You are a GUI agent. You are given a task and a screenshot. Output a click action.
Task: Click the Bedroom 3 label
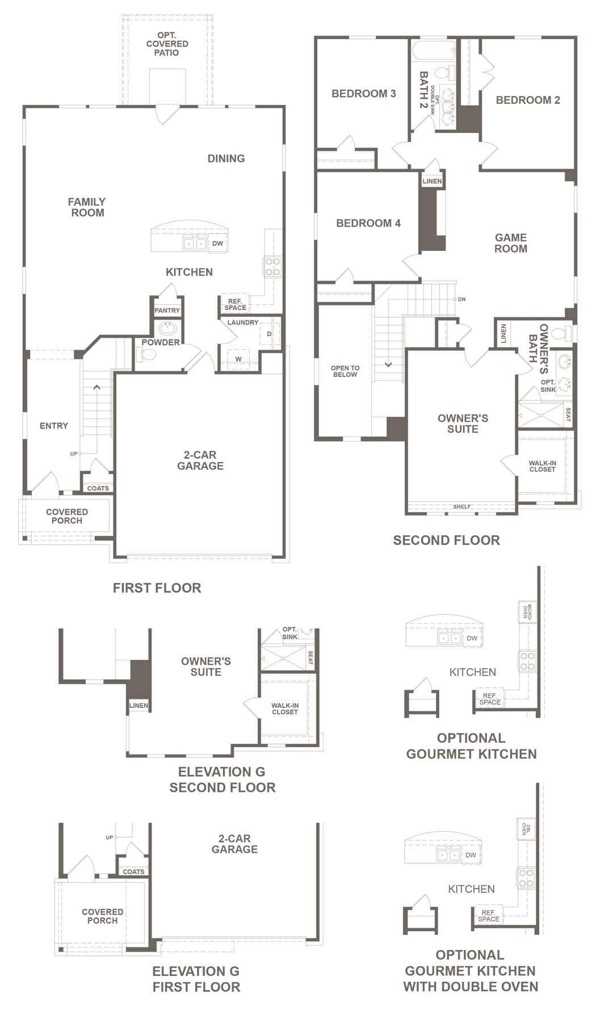[x=363, y=94]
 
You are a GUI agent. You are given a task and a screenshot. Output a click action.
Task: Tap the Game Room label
[x=510, y=243]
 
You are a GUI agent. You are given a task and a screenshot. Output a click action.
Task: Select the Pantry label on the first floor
[x=167, y=311]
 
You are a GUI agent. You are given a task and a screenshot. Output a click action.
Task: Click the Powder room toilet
[x=146, y=354]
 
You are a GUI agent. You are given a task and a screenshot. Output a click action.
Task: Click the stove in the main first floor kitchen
[x=272, y=267]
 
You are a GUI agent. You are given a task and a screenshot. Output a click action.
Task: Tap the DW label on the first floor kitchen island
[x=218, y=244]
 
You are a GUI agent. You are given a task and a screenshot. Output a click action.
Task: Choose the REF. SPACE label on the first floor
[x=235, y=304]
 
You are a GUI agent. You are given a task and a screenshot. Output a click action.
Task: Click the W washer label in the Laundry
[x=238, y=359]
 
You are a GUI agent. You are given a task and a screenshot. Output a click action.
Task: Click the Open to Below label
[x=345, y=371]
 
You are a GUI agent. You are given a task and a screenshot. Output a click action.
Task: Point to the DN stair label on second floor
[x=461, y=299]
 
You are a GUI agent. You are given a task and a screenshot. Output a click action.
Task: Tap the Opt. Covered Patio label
[x=167, y=44]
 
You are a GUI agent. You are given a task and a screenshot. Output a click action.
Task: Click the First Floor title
[x=157, y=588]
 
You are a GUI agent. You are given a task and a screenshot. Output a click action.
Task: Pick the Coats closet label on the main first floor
[x=98, y=488]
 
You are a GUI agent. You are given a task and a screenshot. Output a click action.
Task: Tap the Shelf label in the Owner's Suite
[x=461, y=506]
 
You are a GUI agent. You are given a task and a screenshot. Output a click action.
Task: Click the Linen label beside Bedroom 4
[x=432, y=181]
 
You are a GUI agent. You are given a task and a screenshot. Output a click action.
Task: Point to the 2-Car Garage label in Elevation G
[x=234, y=844]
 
